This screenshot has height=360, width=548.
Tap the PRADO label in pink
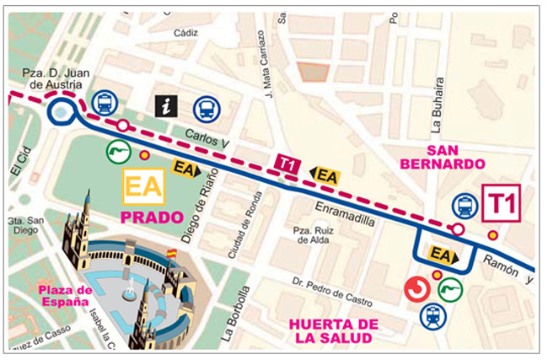153,218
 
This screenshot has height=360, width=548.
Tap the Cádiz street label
185,33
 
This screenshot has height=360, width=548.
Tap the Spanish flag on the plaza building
172,252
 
